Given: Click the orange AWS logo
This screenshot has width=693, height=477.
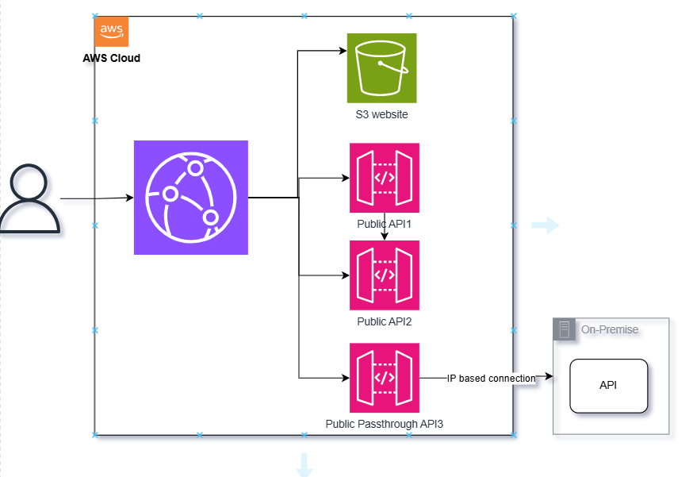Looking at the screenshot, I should pos(112,32).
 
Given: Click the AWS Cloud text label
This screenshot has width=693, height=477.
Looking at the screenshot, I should pos(112,58).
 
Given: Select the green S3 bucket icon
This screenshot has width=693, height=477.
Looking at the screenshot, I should pos(381,68).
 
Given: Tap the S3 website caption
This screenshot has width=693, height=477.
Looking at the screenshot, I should pos(381,114).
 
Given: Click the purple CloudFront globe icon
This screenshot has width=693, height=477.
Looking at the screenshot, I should pos(191,198).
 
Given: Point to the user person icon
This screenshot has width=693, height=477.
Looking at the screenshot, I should pos(29,199).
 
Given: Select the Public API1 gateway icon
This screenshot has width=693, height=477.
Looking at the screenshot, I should pos(385,178).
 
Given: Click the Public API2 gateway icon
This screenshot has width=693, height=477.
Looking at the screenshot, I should pos(385,275).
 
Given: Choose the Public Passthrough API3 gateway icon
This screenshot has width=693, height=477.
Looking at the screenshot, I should pos(385,378).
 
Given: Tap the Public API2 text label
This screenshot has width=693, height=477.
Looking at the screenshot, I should pos(385,321).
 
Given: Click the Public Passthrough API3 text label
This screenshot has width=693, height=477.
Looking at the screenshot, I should pos(385,424).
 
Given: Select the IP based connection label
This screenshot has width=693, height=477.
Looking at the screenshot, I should pos(491,379).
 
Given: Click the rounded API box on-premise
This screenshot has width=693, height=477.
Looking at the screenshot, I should pos(609,386).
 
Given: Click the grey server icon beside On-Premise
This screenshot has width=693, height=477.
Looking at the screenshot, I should pos(565,329).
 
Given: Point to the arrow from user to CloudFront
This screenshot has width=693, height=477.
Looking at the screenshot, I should pos(95,198).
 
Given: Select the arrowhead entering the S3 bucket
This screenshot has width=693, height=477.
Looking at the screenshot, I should pos(343,52).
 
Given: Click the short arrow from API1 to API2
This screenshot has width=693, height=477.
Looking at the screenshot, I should pos(385,230).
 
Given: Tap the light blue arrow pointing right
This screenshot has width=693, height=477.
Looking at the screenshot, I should pos(545,226).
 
